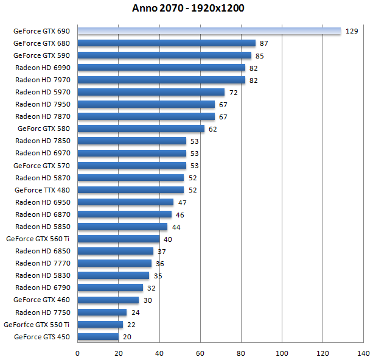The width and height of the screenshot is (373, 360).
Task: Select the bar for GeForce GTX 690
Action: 209,31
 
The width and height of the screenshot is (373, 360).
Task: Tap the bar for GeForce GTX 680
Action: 166,43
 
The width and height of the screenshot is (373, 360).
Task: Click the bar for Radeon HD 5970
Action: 151,92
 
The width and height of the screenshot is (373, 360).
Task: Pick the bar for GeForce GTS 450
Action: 98,336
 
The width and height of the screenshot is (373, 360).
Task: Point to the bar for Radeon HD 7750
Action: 102,312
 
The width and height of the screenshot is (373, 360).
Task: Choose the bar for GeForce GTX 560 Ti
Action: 119,239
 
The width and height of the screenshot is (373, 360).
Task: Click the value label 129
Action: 351,31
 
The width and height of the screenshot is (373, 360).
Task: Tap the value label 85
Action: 260,56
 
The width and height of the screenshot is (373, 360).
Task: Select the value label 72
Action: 233,93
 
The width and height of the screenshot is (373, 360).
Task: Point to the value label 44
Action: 176,227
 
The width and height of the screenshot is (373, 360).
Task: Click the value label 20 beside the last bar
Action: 127,337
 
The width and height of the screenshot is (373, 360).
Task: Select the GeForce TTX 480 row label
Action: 41,190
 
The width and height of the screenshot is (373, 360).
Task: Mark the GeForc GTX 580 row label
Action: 44,129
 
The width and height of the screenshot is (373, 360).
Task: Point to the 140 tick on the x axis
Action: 363,353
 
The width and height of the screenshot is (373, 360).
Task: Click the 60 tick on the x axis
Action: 200,353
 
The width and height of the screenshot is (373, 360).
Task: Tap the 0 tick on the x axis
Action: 78,353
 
